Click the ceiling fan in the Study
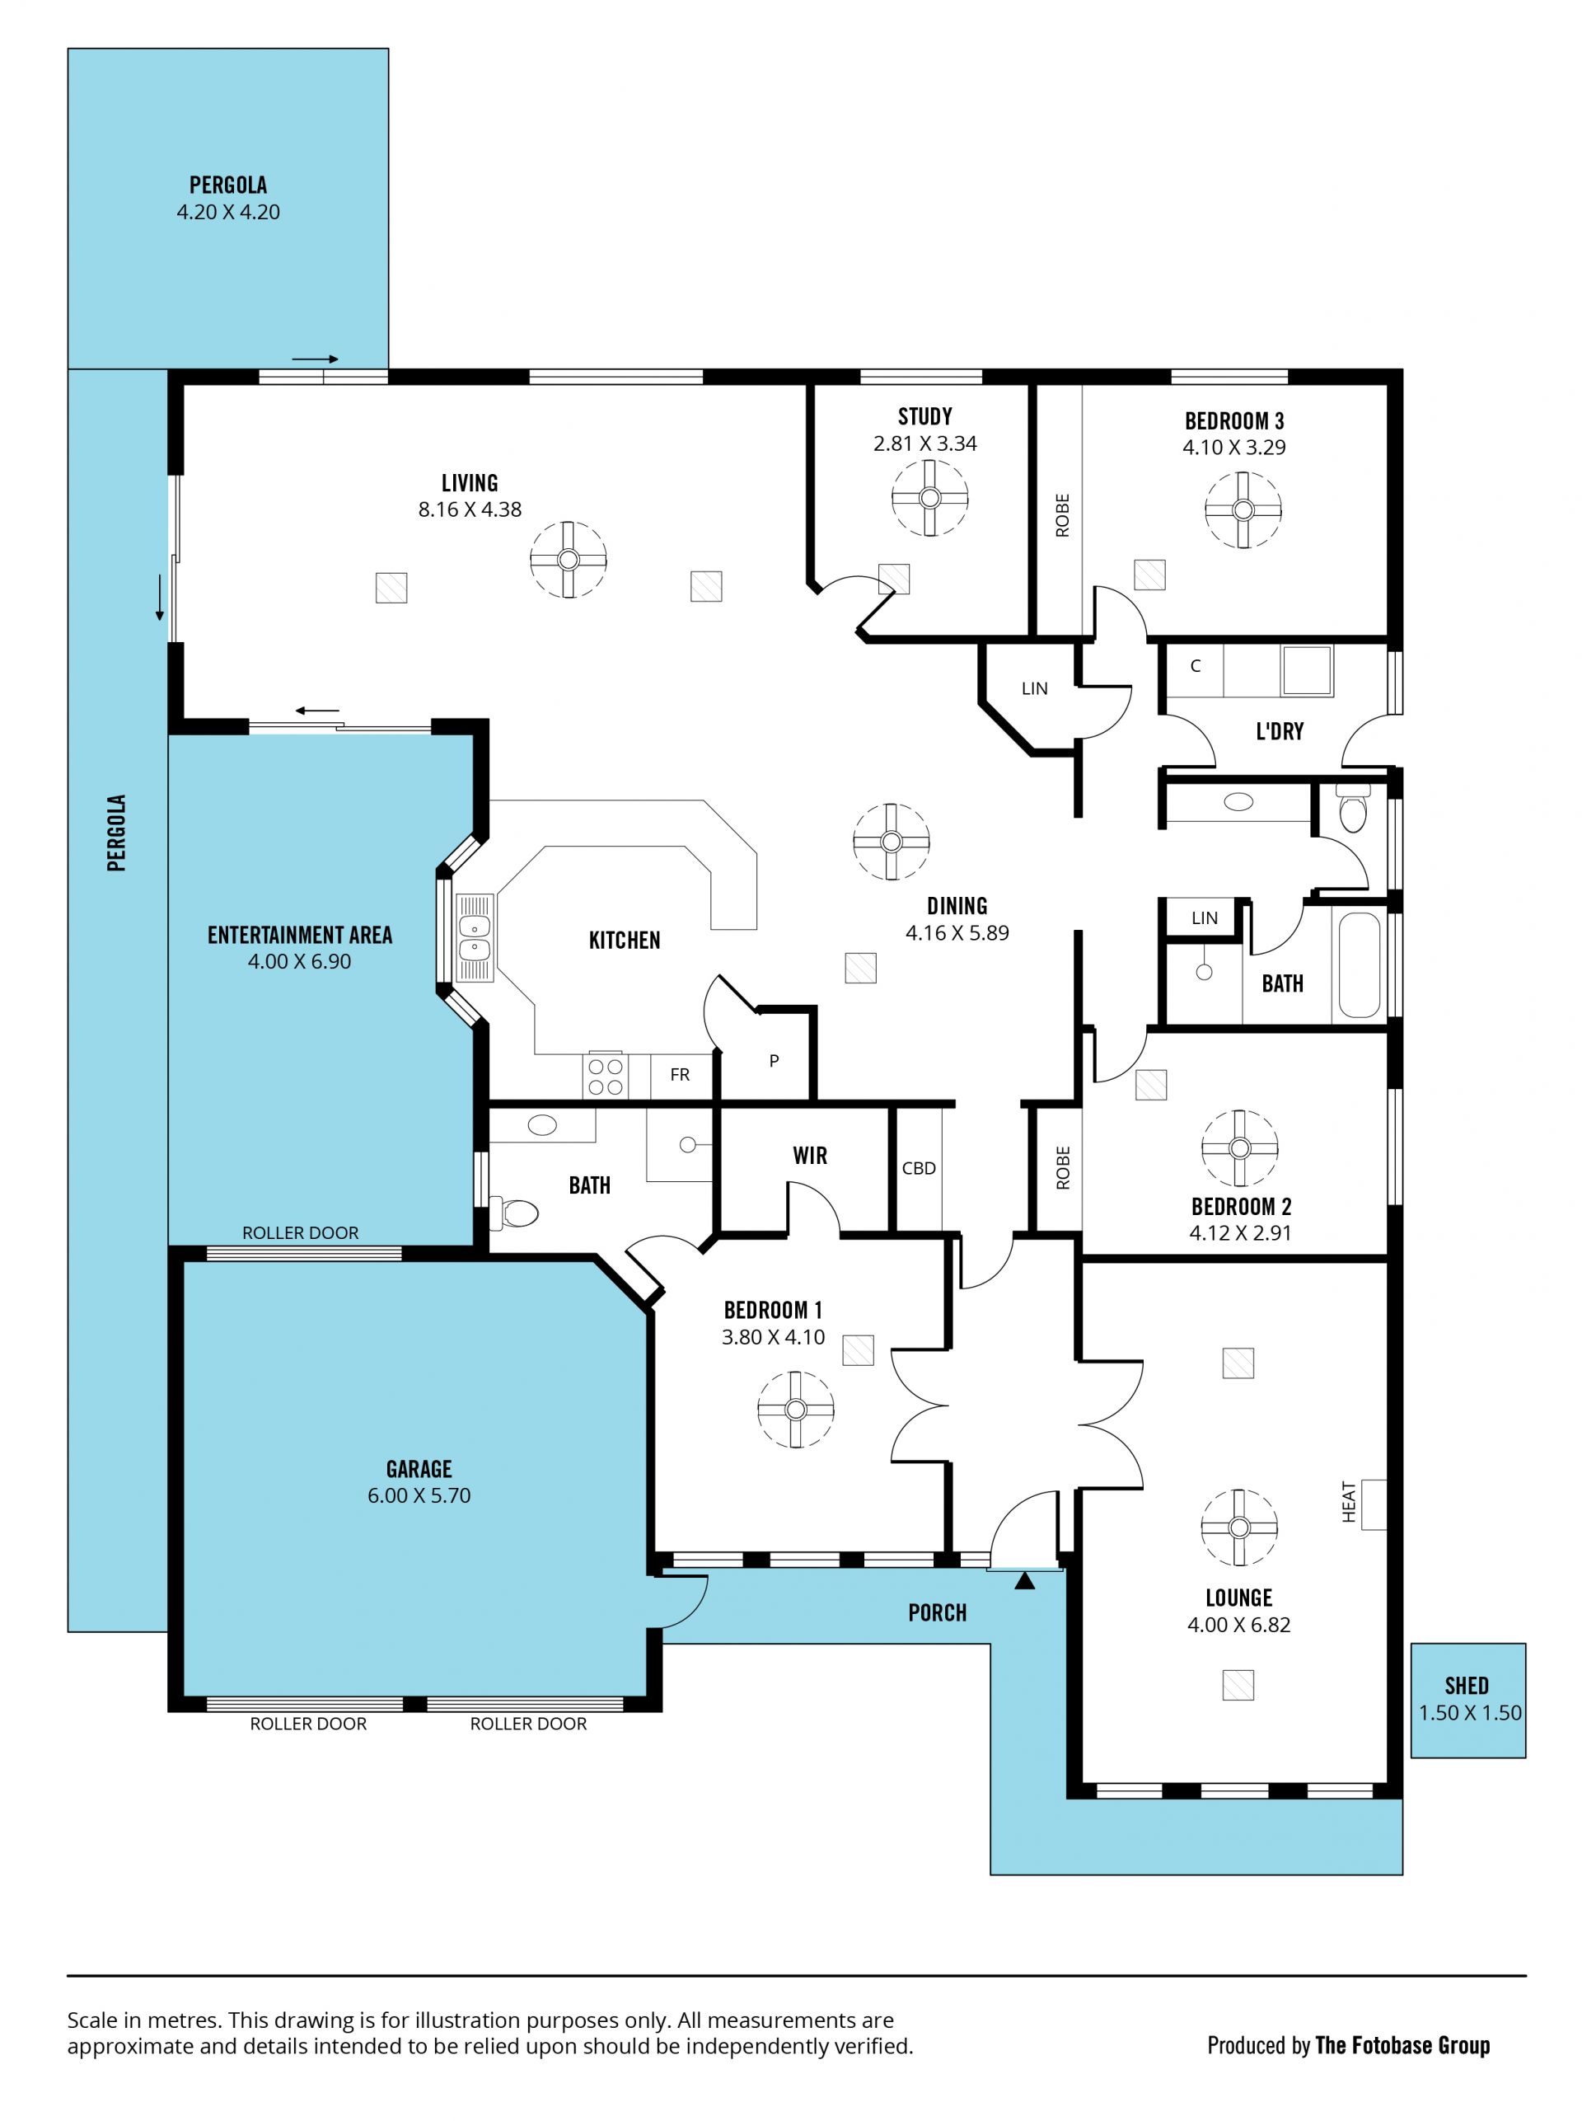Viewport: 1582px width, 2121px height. point(929,498)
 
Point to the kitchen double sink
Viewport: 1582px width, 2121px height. point(474,938)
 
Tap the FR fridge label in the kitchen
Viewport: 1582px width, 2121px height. point(680,1075)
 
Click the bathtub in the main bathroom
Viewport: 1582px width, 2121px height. point(1359,964)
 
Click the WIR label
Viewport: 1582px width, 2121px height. point(809,1156)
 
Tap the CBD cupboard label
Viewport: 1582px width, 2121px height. point(919,1168)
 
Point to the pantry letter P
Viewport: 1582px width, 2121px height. point(774,1060)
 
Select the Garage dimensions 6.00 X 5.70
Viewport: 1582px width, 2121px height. point(419,1495)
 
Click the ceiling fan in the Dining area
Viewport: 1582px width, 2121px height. point(891,841)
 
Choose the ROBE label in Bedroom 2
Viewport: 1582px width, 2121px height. point(1062,1168)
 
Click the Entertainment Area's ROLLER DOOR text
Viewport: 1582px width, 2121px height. point(300,1233)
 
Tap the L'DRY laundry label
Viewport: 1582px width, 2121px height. point(1280,732)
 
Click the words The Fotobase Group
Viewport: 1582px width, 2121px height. point(1402,2045)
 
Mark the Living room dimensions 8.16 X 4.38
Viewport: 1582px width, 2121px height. point(469,509)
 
